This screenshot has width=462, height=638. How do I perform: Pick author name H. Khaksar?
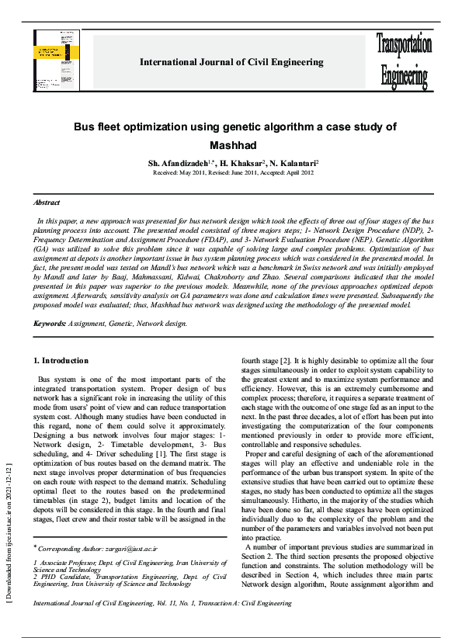pyautogui.click(x=241, y=165)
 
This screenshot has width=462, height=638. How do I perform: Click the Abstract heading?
pyautogui.click(x=46, y=201)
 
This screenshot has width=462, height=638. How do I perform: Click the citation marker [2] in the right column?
pyautogui.click(x=285, y=360)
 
